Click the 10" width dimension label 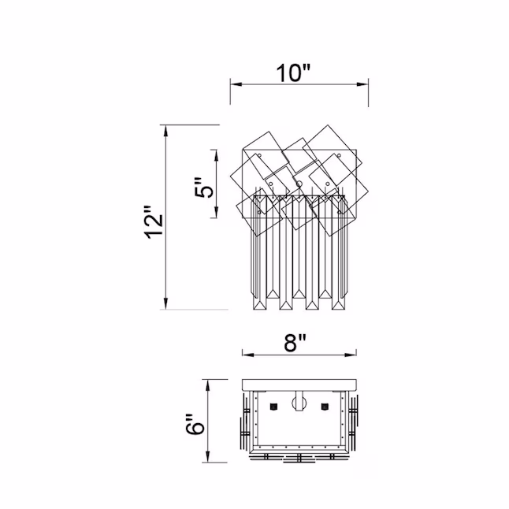point(293,73)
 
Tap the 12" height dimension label point(154,222)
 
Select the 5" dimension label point(205,188)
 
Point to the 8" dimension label point(295,343)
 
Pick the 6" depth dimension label point(195,424)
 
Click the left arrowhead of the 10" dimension point(236,84)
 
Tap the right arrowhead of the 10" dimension point(362,84)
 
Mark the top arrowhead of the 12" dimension point(166,131)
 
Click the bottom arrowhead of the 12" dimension point(166,303)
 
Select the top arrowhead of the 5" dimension point(216,156)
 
